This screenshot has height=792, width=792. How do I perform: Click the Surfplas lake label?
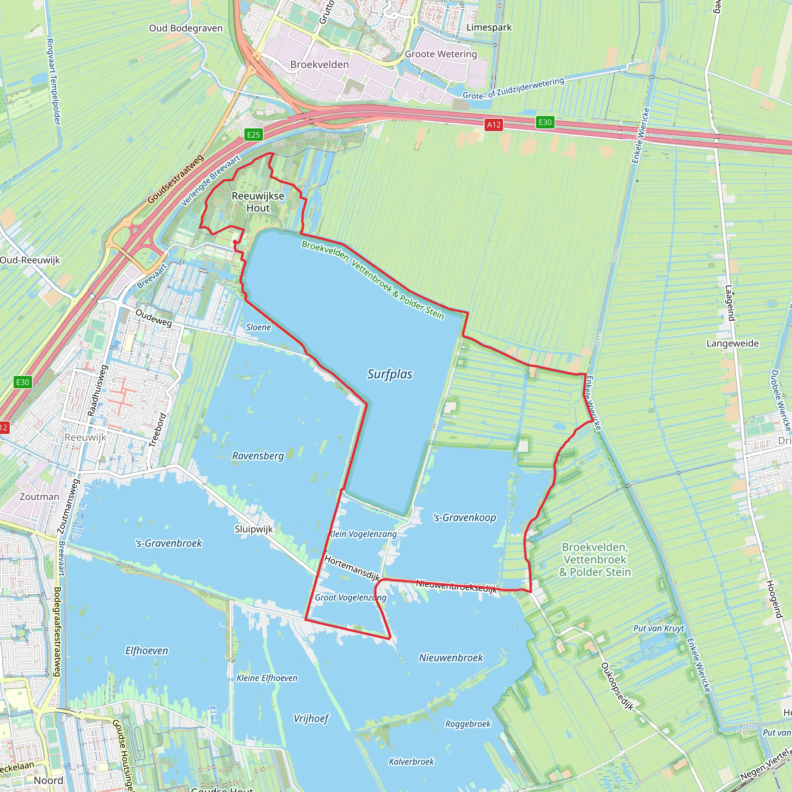389,374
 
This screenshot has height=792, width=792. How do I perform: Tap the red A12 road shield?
493,125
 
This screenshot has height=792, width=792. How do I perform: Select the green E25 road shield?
253,135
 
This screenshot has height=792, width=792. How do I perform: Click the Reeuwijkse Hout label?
258,202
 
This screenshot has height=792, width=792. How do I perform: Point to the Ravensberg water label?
258,456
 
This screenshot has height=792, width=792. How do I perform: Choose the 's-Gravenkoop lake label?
464,517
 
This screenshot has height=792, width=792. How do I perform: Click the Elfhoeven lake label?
146,650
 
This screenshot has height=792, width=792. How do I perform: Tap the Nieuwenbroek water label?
451,657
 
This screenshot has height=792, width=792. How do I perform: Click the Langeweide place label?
732,343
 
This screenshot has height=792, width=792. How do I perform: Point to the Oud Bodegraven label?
186,28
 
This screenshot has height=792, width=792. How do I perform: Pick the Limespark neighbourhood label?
489,27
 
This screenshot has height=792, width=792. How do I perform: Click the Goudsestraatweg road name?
176,179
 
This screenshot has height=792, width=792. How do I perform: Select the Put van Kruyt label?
658,628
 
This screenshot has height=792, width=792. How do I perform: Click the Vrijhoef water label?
311,718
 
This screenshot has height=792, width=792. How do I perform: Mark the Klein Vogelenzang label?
363,534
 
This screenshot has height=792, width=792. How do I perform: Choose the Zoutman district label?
39,497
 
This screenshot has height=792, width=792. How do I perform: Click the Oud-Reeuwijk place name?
30,260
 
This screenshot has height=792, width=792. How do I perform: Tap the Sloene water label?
258,327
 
